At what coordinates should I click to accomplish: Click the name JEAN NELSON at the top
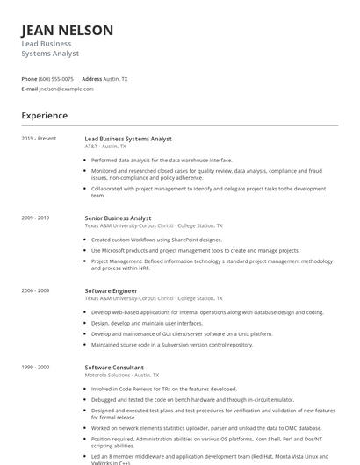click(68, 31)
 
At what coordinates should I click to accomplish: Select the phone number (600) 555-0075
click(56, 79)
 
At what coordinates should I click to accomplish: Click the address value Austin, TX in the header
click(116, 79)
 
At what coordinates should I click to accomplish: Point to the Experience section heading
click(45, 116)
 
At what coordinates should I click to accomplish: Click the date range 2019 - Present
click(39, 139)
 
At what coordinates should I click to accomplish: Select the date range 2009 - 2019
click(36, 218)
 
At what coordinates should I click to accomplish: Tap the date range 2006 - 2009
click(36, 290)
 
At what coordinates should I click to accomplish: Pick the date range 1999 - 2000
click(36, 368)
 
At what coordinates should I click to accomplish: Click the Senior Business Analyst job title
click(118, 218)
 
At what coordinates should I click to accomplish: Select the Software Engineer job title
click(111, 290)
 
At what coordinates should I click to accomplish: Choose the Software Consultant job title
click(114, 368)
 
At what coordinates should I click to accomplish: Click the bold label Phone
click(30, 79)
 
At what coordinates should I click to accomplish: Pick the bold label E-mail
click(30, 89)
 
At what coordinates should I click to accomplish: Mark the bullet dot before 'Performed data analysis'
click(86, 161)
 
